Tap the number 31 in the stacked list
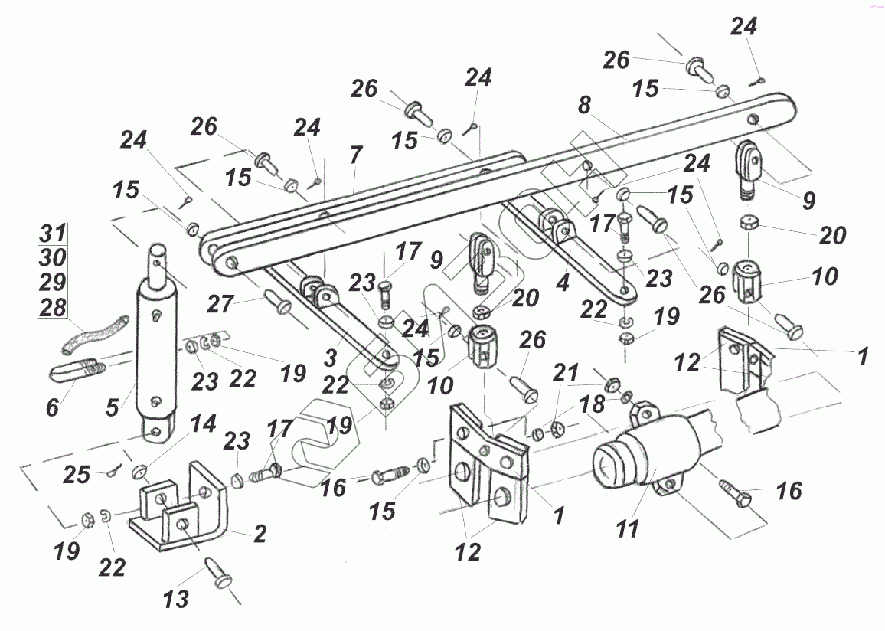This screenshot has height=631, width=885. tap(52, 234)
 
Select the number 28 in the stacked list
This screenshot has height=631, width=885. tap(52, 307)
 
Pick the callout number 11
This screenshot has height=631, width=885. tap(629, 530)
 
